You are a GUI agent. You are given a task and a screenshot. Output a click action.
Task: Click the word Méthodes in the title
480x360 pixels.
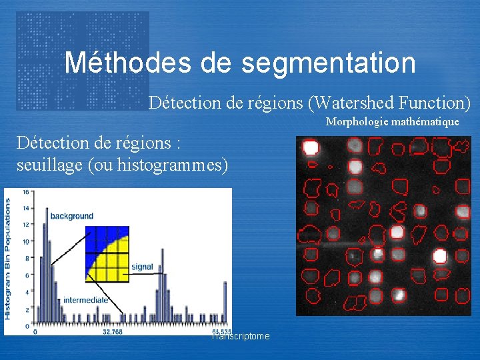click(127, 63)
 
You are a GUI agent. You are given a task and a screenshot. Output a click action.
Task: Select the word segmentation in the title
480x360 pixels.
click(329, 63)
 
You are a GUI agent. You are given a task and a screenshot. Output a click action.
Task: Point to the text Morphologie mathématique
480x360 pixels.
click(392, 122)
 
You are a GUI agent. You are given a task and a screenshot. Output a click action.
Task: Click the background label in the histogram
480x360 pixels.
click(71, 216)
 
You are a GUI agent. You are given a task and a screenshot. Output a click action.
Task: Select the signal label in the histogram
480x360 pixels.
click(142, 267)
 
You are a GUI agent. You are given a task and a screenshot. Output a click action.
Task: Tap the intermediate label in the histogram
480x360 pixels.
click(85, 300)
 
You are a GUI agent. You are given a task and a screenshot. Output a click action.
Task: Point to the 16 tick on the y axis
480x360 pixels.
click(25, 192)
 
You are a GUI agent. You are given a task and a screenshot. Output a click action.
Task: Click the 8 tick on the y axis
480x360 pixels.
click(26, 259)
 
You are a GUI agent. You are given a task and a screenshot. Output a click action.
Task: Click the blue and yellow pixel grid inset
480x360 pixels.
click(106, 253)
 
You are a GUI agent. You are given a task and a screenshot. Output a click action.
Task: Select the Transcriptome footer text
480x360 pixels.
click(241, 337)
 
